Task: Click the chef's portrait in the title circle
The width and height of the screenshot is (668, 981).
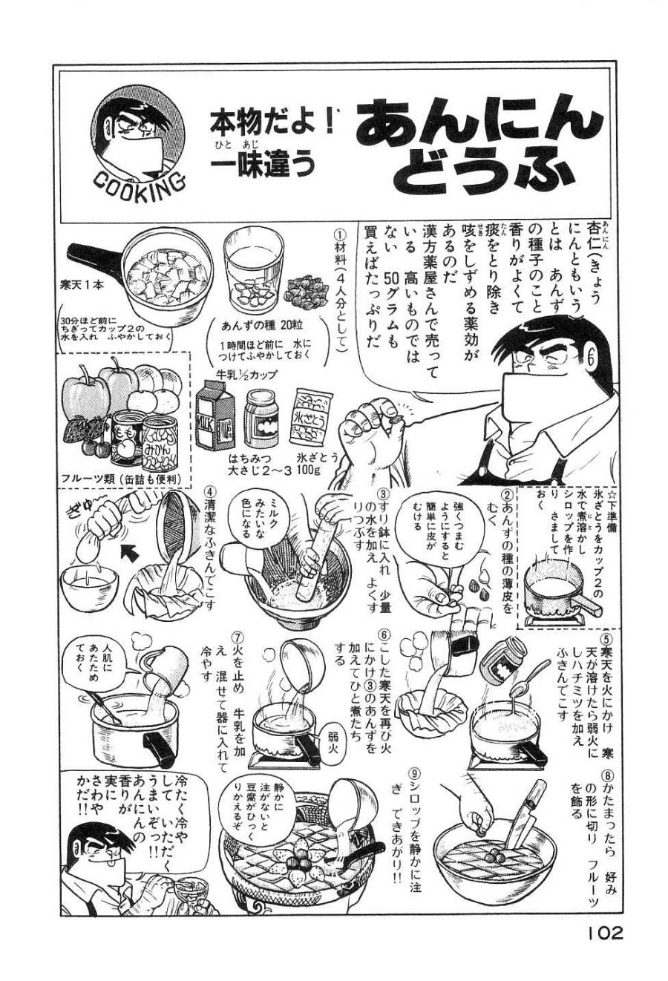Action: click(139, 134)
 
